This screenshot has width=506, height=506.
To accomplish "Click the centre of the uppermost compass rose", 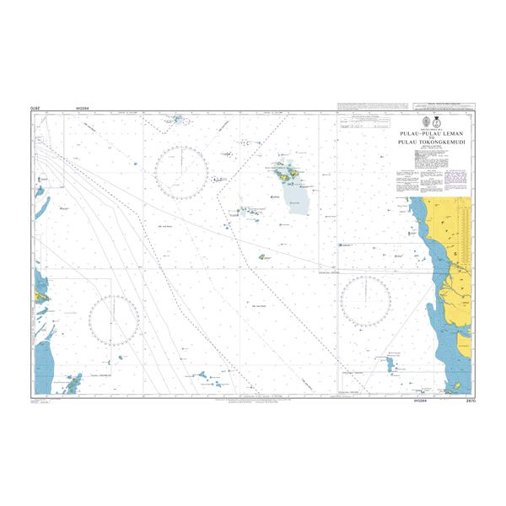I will tap(181, 173).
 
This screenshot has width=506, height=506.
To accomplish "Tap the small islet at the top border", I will tap(178, 121).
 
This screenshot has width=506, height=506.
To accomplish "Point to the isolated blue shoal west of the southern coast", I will tap(393, 363).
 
